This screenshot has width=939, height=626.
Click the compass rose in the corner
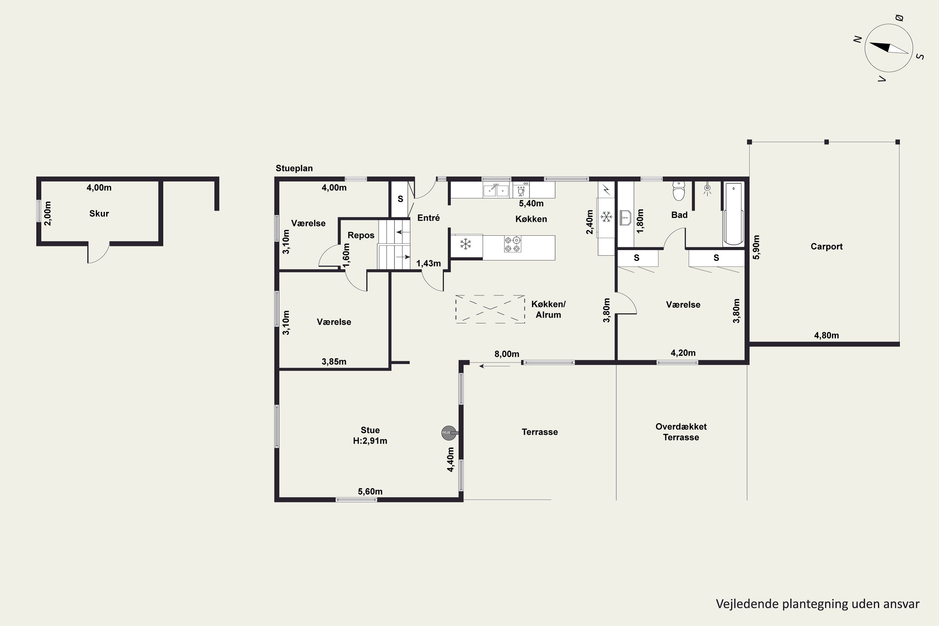(889, 48)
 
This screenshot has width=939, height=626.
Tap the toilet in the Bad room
(679, 191)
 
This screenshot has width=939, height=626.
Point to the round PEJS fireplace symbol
(449, 433)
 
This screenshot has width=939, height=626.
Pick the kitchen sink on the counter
(496, 190)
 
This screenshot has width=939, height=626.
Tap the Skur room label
(99, 213)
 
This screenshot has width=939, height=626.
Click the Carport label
(826, 247)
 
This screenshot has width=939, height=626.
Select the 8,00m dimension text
(507, 354)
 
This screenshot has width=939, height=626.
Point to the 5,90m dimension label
(756, 247)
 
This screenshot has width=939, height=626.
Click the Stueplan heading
(294, 168)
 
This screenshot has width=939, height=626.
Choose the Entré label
(428, 218)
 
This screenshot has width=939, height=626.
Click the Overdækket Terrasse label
(681, 432)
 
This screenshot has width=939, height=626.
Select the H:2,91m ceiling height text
(370, 441)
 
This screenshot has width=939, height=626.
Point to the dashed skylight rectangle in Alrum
(490, 309)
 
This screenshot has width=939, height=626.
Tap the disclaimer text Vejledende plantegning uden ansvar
(818, 604)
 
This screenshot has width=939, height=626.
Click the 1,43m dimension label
(428, 264)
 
